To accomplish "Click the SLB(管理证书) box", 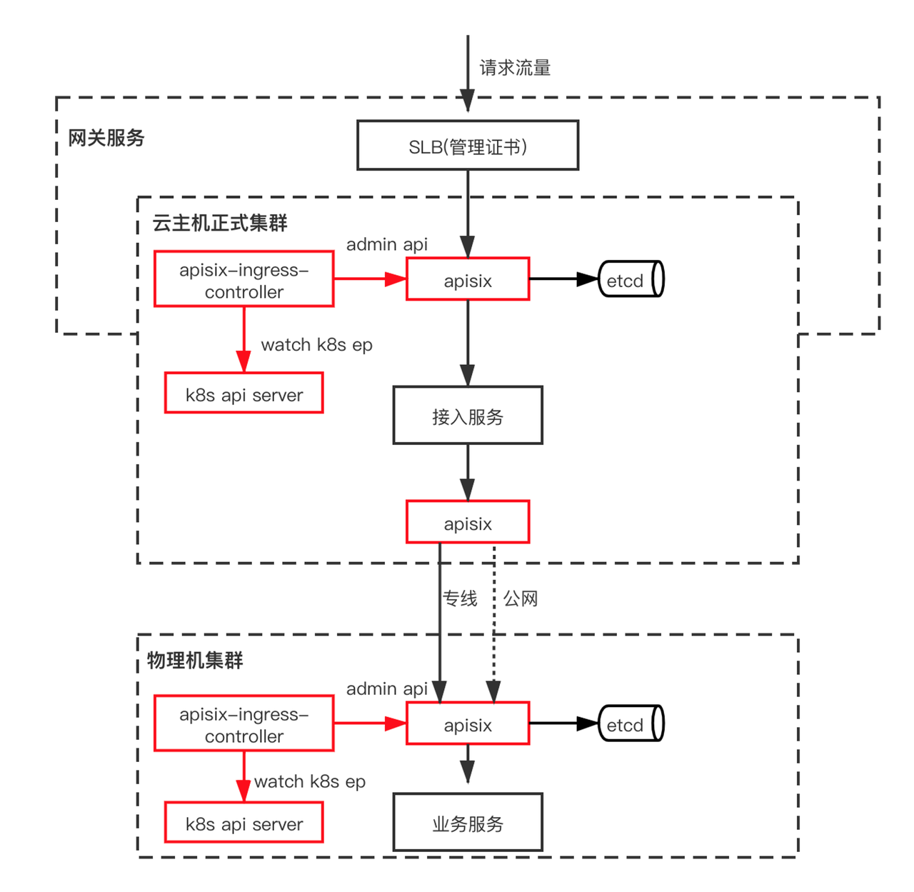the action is click(x=467, y=145).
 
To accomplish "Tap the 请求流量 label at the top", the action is click(x=515, y=68).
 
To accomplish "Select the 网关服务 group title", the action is click(x=106, y=138).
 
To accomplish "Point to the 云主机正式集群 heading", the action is click(x=219, y=223).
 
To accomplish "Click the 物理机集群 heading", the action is click(x=195, y=660).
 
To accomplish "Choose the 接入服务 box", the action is click(x=468, y=415).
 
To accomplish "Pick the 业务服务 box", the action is click(x=468, y=822).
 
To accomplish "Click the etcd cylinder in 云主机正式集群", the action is click(x=631, y=279).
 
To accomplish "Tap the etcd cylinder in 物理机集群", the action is click(x=631, y=723).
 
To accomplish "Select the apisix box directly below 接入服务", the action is click(x=468, y=522).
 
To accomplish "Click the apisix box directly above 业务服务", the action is click(x=468, y=723).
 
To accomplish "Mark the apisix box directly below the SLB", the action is click(x=468, y=279).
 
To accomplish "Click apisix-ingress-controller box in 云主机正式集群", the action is click(x=243, y=279).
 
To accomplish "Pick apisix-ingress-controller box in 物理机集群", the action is click(x=243, y=723).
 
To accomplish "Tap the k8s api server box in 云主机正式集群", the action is click(x=243, y=393).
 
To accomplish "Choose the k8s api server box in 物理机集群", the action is click(x=243, y=822).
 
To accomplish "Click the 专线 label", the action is click(x=460, y=598).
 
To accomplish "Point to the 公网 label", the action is click(x=521, y=598).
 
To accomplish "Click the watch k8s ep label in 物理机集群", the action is click(x=309, y=781).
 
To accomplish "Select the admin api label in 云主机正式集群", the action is click(x=387, y=244).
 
